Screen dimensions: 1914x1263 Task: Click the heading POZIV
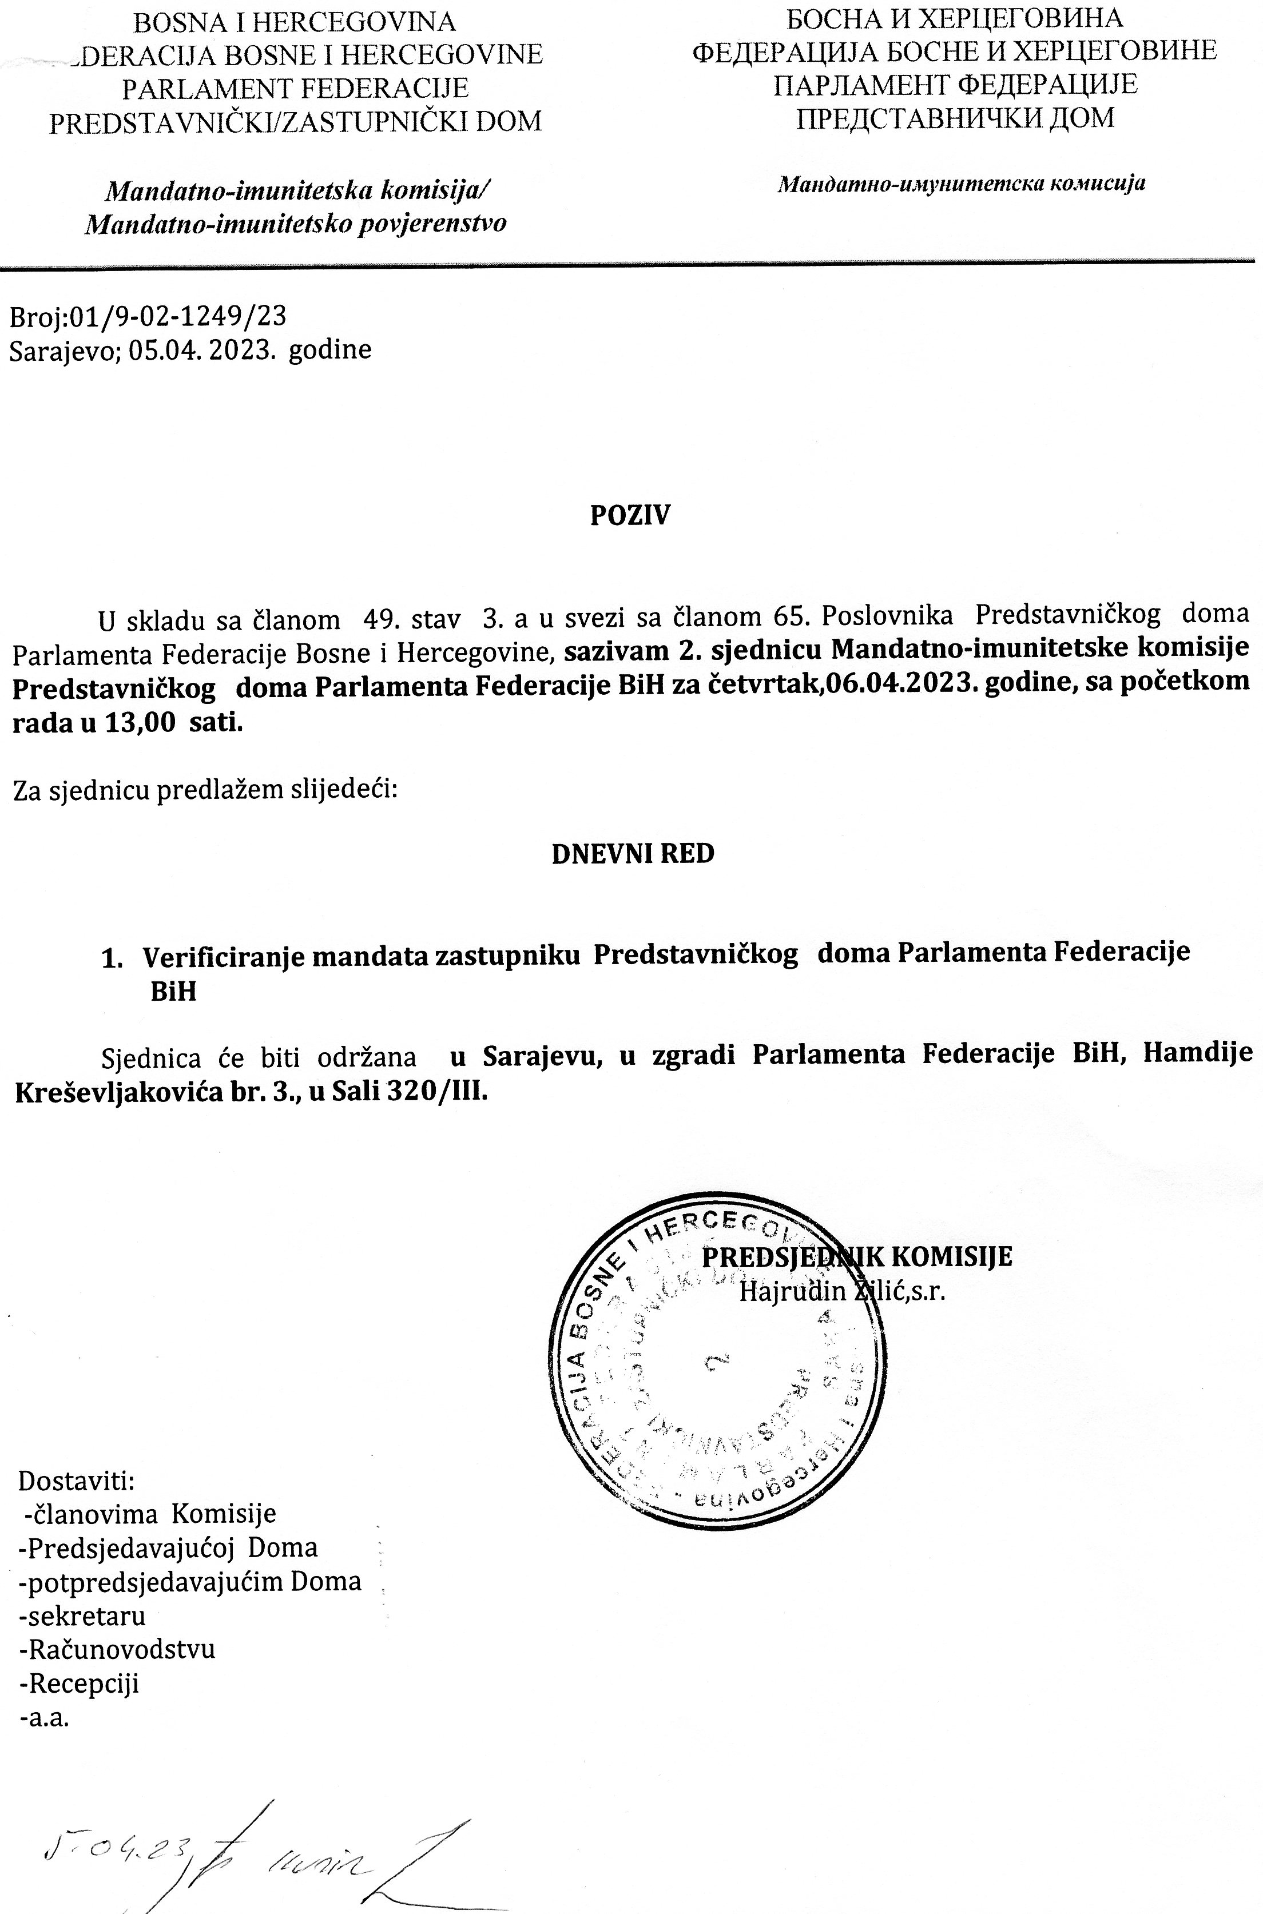630,515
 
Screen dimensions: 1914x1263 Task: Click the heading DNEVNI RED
632,854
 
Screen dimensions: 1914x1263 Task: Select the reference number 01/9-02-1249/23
178,316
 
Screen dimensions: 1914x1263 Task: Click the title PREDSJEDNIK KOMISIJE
857,1256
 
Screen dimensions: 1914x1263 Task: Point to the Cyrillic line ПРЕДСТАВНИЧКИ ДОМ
955,118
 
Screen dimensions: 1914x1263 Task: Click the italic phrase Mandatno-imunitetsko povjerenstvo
296,223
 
